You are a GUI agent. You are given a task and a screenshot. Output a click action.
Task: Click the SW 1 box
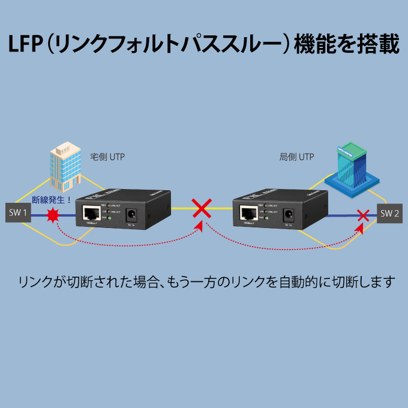pyautogui.click(x=17, y=212)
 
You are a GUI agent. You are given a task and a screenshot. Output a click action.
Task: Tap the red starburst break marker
pyautogui.click(x=54, y=215)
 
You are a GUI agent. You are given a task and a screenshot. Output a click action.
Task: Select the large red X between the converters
pyautogui.click(x=202, y=208)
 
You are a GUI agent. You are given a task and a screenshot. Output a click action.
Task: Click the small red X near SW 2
pyautogui.click(x=362, y=215)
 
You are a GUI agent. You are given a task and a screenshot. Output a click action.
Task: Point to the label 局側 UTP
pyautogui.click(x=296, y=157)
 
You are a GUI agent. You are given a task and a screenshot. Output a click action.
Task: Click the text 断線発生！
pyautogui.click(x=52, y=200)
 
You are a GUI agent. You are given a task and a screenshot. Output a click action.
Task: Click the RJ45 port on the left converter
pyautogui.click(x=92, y=213)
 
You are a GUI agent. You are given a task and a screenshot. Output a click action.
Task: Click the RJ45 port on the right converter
pyautogui.click(x=249, y=214)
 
